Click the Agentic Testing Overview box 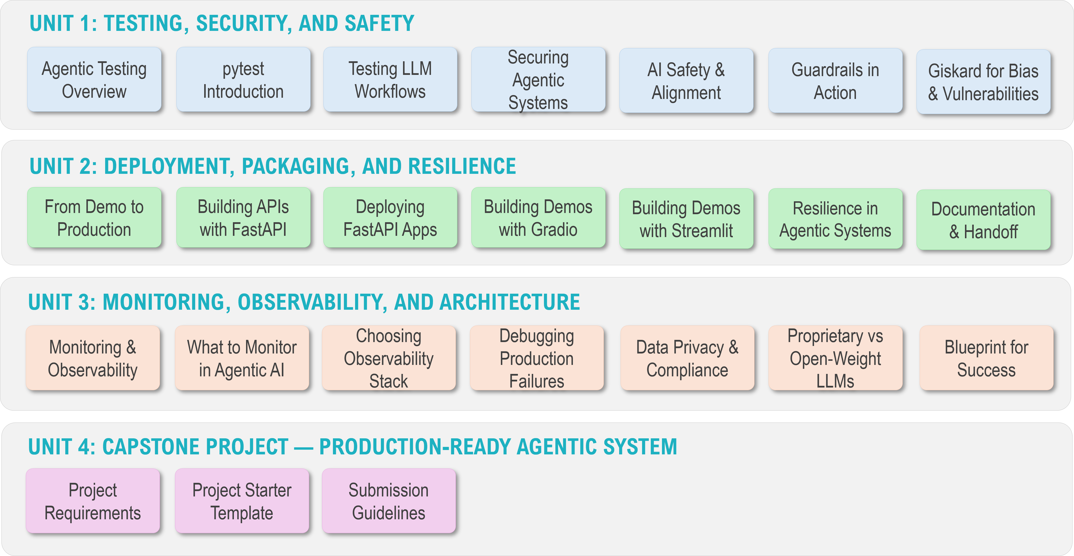(94, 79)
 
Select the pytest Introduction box (243, 79)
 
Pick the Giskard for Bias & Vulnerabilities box (983, 82)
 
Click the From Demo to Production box (94, 218)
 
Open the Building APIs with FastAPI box (243, 218)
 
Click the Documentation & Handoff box (983, 220)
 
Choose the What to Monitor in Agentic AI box (242, 358)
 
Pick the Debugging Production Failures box (537, 358)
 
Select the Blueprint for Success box (986, 358)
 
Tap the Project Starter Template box (242, 501)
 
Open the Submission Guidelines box (389, 501)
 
